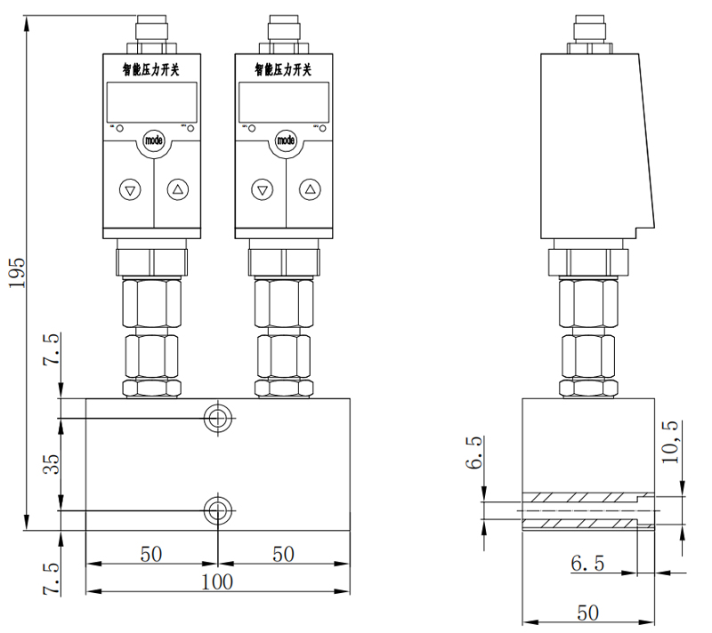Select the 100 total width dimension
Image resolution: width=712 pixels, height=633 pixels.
click(x=216, y=581)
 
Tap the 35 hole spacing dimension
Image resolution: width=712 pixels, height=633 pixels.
click(x=51, y=464)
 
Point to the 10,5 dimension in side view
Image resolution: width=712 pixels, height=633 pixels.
click(x=670, y=442)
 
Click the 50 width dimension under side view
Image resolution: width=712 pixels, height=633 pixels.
click(x=587, y=613)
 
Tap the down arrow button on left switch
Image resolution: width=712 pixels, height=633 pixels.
click(x=131, y=189)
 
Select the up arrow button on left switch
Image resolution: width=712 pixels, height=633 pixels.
click(x=178, y=189)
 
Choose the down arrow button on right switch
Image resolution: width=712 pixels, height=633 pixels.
click(x=262, y=189)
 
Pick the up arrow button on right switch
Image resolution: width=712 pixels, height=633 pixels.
click(x=309, y=189)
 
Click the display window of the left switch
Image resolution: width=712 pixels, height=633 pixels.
click(x=151, y=102)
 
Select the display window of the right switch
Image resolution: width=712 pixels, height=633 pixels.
click(x=284, y=102)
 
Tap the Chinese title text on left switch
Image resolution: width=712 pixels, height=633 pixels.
click(x=151, y=68)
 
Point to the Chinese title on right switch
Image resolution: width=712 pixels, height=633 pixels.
click(x=284, y=68)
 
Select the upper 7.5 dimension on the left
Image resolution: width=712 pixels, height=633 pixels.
click(x=51, y=350)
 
